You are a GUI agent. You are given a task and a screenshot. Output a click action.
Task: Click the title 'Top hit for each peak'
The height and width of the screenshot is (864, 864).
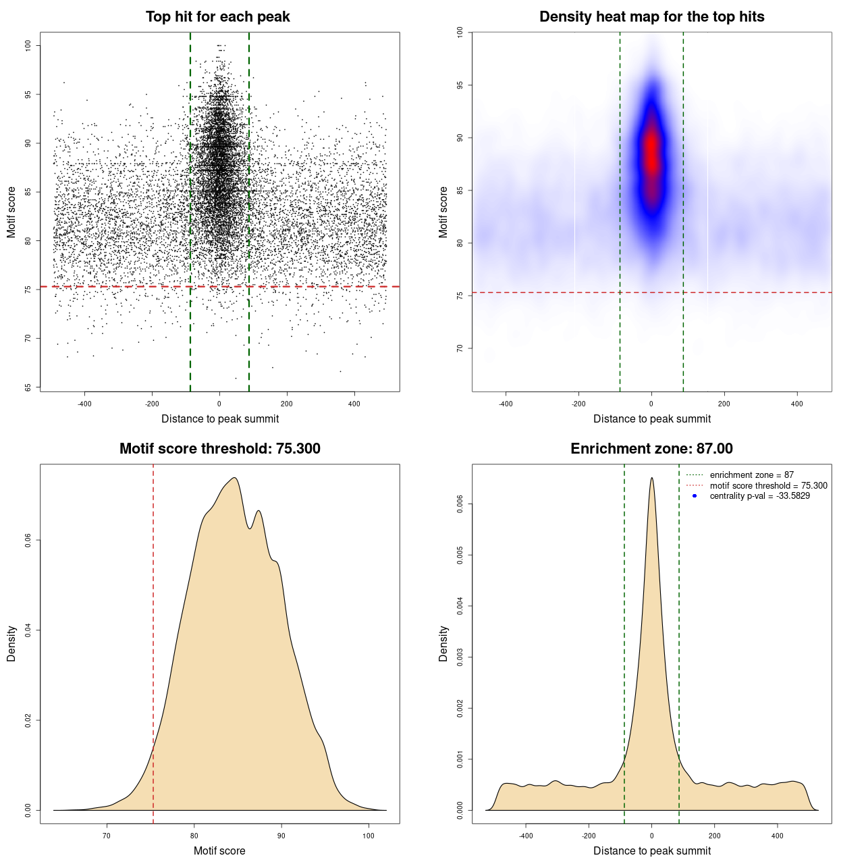[217, 17]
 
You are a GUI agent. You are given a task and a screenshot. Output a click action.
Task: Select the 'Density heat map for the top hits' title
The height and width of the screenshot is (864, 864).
[651, 17]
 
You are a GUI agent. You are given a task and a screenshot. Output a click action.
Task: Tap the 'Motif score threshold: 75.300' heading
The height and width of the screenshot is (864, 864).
[219, 449]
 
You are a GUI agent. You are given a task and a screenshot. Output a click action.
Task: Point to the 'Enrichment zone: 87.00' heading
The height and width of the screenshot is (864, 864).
[651, 449]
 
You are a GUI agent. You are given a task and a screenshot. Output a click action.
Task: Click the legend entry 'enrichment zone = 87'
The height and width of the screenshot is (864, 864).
[751, 475]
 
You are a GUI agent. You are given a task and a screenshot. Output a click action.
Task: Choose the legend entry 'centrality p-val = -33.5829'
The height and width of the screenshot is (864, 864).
[759, 496]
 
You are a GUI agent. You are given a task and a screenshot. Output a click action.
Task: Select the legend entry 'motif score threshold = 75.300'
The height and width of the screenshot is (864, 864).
[768, 486]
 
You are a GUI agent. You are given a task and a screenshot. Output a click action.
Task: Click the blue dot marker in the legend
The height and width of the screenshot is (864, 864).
[695, 496]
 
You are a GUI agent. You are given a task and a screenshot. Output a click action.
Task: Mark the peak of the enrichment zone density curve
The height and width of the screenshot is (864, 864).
[651, 478]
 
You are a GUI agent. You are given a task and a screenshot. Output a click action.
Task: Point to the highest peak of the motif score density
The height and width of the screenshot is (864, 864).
[234, 478]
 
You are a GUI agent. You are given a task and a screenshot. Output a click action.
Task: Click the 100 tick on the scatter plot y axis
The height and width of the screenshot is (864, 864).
[28, 45]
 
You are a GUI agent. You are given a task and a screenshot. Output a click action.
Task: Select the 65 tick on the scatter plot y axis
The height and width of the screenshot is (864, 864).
[28, 387]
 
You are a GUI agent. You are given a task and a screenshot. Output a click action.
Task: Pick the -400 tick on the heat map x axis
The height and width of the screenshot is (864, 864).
[506, 404]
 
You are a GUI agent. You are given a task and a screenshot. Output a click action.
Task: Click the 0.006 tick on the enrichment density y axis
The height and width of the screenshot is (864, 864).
[460, 504]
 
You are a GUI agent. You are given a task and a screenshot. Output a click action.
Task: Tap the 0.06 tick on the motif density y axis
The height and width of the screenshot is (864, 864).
[28, 540]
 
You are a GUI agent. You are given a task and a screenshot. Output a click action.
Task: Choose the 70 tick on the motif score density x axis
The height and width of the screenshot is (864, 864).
[107, 836]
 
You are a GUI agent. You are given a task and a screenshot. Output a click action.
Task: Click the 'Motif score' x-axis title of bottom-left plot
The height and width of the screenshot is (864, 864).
[219, 850]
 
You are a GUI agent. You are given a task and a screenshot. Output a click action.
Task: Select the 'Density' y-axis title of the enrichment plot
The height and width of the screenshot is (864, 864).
[443, 643]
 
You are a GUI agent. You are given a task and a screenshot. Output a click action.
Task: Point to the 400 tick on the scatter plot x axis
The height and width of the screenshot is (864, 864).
[354, 404]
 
